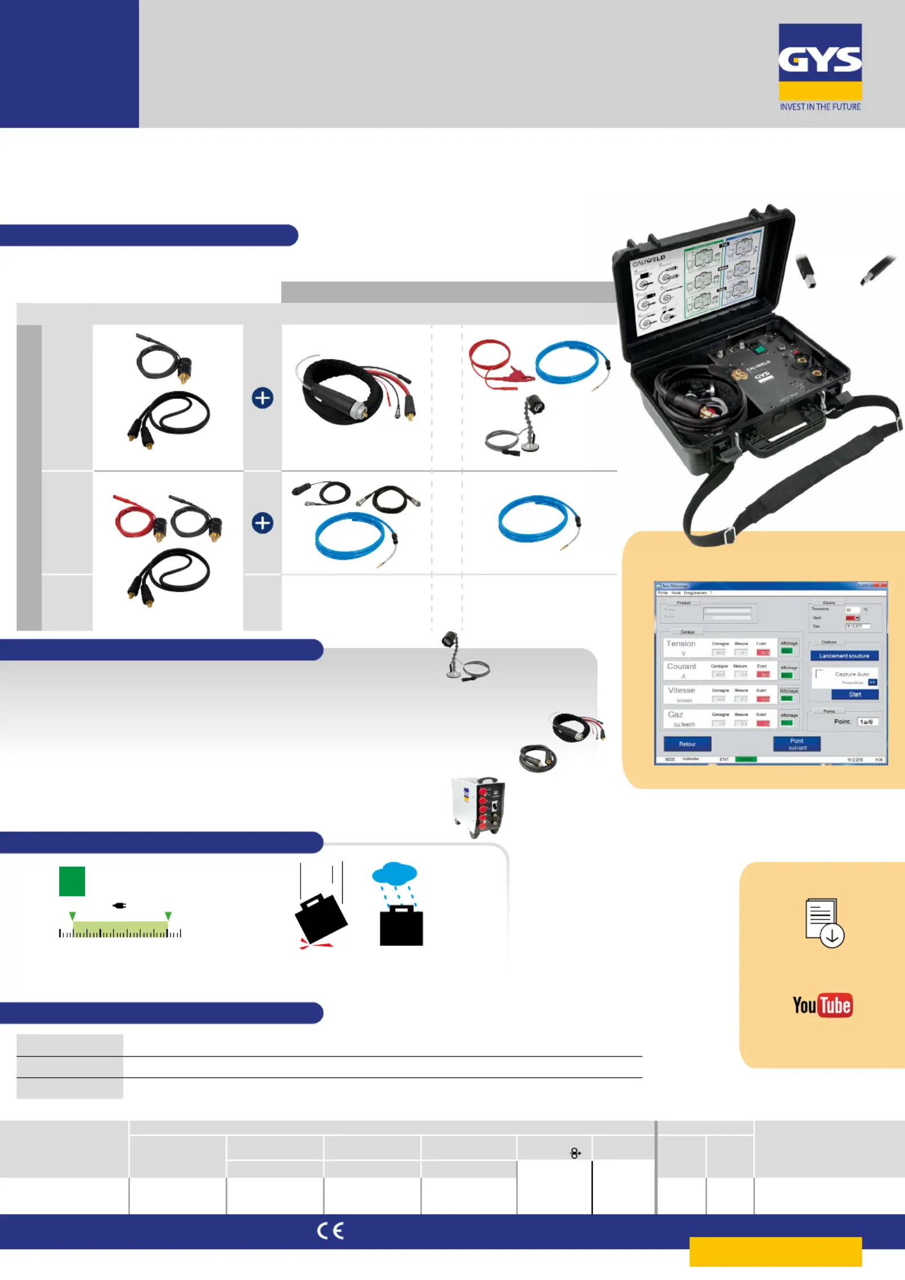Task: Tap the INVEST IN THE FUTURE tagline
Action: (x=820, y=107)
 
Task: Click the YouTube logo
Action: (x=822, y=1005)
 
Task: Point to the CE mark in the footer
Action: (x=330, y=1231)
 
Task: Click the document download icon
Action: (x=824, y=923)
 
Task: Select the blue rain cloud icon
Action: (x=395, y=873)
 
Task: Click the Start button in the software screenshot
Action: (x=855, y=694)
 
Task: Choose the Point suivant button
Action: (x=797, y=744)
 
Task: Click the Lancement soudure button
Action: (x=844, y=656)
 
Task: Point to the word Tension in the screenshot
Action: (x=681, y=644)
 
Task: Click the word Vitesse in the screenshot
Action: (x=681, y=690)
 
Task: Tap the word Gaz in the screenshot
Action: (x=676, y=714)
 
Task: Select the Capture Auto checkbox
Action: (x=819, y=674)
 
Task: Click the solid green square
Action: (x=72, y=881)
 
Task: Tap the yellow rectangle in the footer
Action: (x=775, y=1251)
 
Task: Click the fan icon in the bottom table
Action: (x=575, y=1153)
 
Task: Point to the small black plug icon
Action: (x=119, y=905)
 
